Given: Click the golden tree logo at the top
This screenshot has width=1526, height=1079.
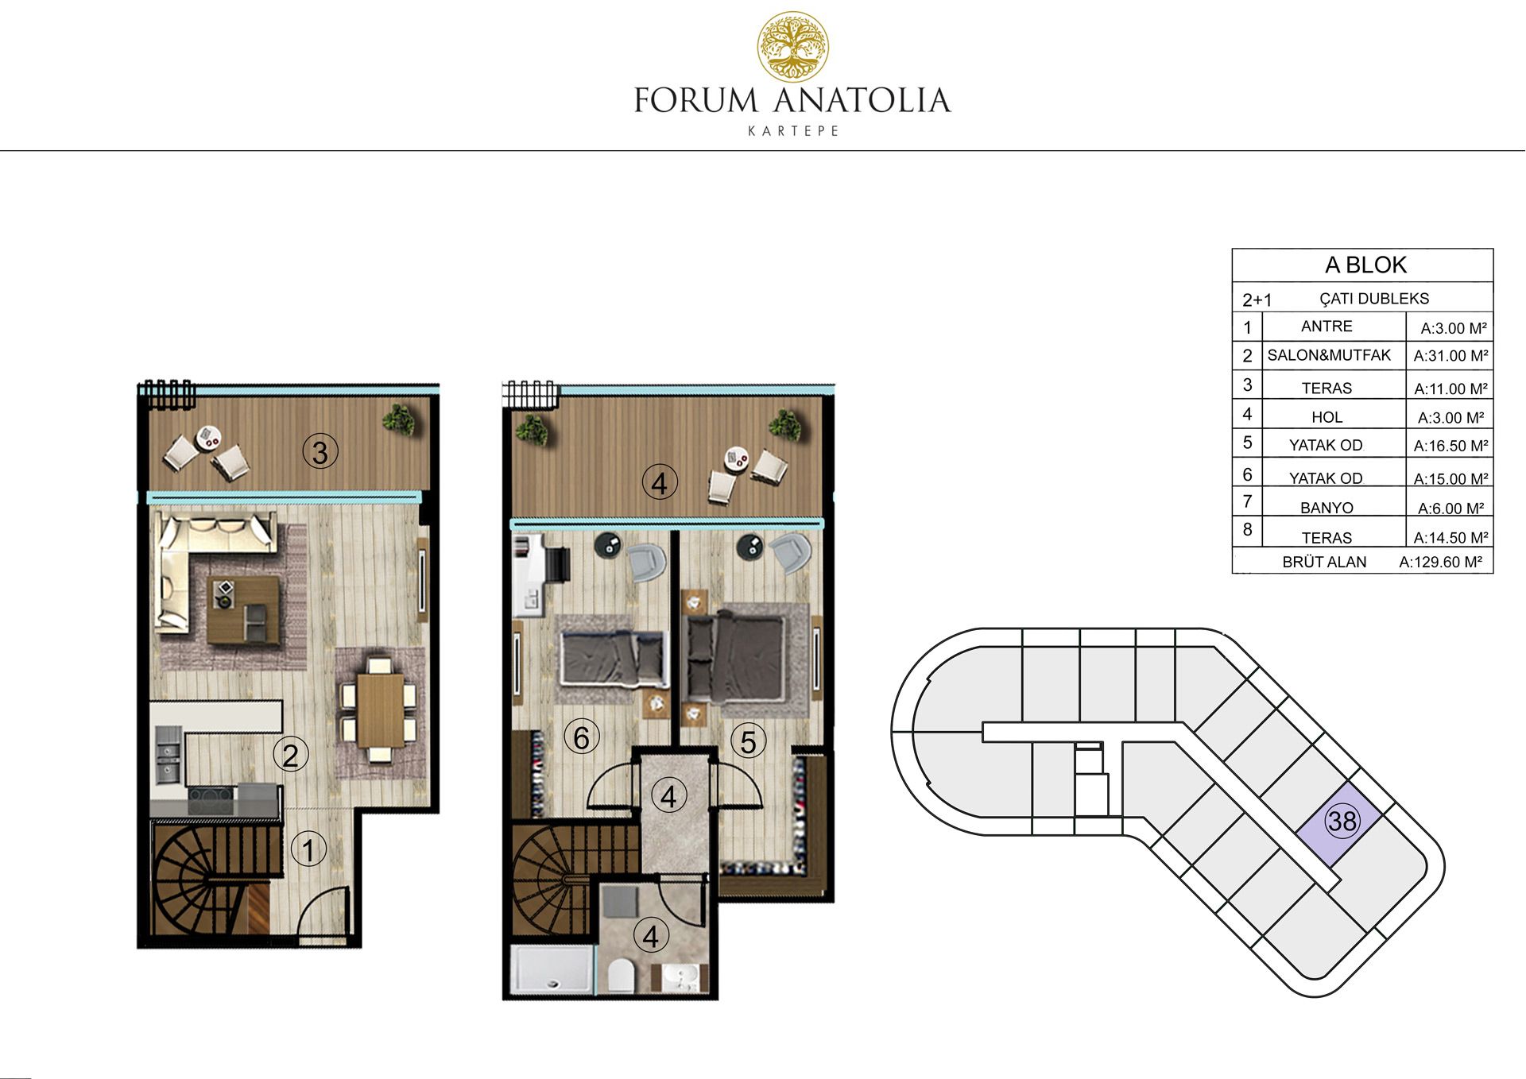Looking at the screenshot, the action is [792, 47].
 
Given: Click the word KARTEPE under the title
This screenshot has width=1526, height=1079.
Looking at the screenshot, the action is [793, 131].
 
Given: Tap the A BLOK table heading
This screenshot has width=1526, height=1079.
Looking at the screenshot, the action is [1365, 265].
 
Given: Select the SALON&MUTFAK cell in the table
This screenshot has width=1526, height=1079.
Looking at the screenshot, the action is [1329, 355].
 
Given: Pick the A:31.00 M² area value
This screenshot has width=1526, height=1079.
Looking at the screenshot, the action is [1450, 356].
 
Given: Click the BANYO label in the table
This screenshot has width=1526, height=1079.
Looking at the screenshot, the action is [1327, 508].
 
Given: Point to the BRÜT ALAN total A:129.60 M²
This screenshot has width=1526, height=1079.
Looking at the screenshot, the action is [1440, 563].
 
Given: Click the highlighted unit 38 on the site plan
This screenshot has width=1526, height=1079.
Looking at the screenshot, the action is [1342, 821].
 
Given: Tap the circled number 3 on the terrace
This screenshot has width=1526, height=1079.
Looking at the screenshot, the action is [320, 452].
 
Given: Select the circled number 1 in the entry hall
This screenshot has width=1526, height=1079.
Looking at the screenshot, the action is [308, 850].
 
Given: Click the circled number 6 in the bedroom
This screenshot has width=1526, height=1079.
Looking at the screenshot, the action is [582, 737].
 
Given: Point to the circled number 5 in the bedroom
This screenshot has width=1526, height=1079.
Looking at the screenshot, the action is [748, 741].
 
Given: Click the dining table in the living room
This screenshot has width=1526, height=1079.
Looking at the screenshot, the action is [380, 709].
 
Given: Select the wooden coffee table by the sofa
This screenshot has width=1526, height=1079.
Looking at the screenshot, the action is [244, 610].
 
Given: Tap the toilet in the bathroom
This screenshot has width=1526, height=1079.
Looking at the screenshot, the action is [620, 975].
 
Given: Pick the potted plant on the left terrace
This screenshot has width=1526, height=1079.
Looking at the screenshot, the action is [398, 419].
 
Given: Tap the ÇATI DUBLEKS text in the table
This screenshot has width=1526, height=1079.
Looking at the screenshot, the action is [1374, 299].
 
